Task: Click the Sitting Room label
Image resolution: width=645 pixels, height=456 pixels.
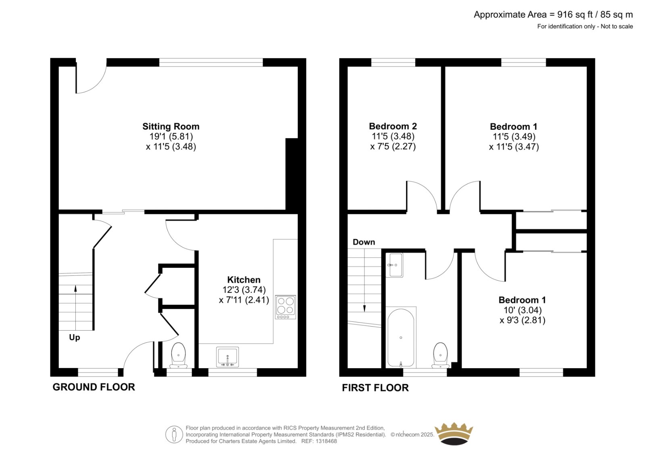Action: pos(171,126)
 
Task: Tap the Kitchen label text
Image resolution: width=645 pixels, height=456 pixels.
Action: pos(243,279)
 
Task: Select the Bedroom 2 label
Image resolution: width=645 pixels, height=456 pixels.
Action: pos(393,126)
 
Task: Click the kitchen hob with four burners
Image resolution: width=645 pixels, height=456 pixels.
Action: pos(285,307)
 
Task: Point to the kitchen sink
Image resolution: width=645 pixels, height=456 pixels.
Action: pos(227,357)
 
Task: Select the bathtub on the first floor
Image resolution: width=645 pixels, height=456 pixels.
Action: pos(401,338)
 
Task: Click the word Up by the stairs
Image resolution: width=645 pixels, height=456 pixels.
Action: pos(75,337)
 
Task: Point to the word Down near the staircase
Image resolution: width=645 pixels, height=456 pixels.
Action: pos(364,242)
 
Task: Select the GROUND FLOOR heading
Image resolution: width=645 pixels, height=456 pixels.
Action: pos(94,387)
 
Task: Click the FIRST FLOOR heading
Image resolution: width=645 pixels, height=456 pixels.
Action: pos(375,388)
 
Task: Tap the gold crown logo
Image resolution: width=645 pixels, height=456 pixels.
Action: pos(454,433)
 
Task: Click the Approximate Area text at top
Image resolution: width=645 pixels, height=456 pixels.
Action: pos(553,15)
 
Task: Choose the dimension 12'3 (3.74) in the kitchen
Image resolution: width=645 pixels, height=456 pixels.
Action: pos(244,289)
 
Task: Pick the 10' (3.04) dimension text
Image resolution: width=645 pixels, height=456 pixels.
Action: pos(522,310)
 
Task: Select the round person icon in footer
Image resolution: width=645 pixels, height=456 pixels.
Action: pos(174,434)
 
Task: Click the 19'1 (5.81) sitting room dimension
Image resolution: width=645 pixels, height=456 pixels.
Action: pos(171,136)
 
